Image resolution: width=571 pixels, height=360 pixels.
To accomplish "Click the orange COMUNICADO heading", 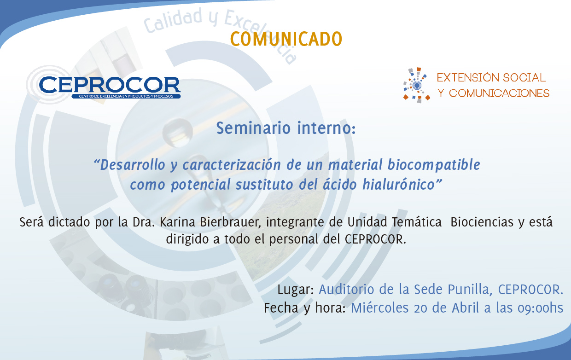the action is coord(286,39).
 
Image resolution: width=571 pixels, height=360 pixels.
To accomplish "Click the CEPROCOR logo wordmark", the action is coord(110,85).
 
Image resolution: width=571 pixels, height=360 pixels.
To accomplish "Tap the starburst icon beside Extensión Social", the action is coord(417,85).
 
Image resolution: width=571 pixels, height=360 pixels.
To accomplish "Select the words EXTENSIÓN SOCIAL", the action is coord(491,77).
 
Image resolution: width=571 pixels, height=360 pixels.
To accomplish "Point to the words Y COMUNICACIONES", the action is coord(494,93).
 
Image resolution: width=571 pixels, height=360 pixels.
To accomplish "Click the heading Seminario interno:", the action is coord(286,128).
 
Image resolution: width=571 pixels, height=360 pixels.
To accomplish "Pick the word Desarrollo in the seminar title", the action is coord(133,165).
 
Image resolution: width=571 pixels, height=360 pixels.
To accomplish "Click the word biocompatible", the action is coord(434,165).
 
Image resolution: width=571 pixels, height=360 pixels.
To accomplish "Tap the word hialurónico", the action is coord(399,184).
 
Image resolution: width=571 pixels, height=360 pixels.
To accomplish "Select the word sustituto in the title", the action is coord(264,185).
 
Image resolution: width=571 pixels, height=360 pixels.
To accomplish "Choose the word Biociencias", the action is coord(482,222).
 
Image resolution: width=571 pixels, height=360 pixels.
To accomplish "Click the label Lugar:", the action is coord(296,290).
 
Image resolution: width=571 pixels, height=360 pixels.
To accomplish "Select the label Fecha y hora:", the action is coord(305,308).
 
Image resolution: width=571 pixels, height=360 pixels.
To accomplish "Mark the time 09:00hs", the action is coord(540,308).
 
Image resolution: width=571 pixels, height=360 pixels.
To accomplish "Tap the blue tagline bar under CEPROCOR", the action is coord(126,96).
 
